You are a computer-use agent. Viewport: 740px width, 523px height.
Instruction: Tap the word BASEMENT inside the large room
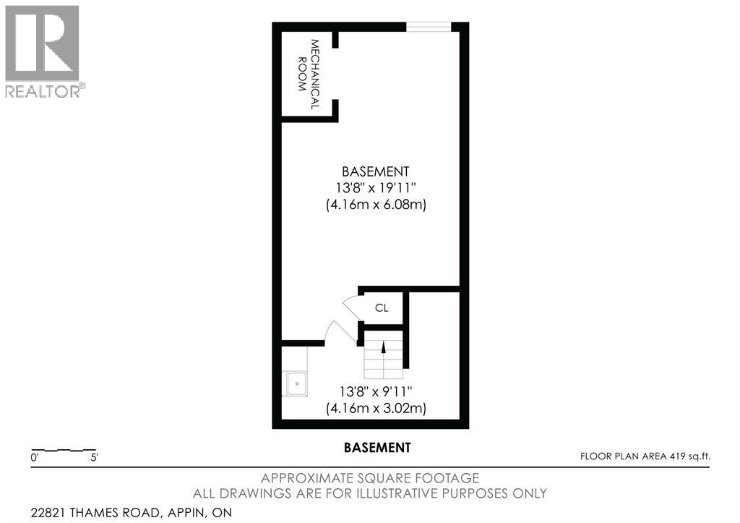point(375,171)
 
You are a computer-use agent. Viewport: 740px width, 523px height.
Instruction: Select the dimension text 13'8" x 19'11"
point(375,188)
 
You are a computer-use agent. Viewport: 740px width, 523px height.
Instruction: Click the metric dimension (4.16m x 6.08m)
point(375,205)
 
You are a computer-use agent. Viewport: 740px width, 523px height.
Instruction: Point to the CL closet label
point(382,307)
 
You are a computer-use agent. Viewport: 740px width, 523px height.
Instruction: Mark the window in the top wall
point(429,27)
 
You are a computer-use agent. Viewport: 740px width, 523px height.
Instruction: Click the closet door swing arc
point(350,306)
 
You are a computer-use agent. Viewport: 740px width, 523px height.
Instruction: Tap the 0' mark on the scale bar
point(34,458)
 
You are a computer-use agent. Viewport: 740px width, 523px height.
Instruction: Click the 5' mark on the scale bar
point(93,458)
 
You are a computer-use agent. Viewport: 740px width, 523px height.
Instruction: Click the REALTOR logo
point(43,51)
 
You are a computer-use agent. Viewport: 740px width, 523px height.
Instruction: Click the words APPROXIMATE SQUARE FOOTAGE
point(369,478)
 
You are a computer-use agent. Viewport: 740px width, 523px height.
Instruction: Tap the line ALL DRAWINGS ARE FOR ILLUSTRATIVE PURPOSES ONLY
point(369,493)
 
